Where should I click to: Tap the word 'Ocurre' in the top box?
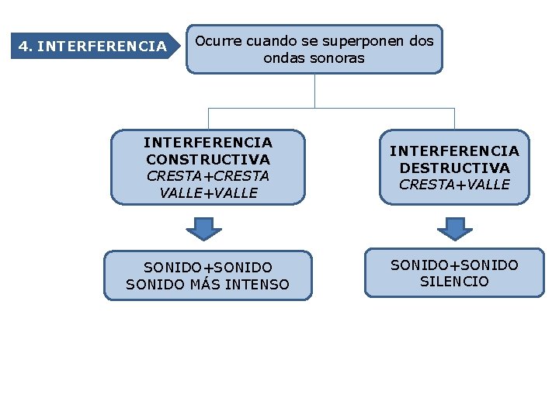pyautogui.click(x=217, y=40)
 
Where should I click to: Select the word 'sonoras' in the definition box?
pyautogui.click(x=338, y=58)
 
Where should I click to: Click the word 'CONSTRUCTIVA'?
pyautogui.click(x=208, y=159)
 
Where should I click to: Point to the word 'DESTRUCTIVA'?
pyautogui.click(x=454, y=168)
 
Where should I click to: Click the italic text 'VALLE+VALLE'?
pyautogui.click(x=208, y=193)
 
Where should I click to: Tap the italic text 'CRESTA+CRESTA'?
pyautogui.click(x=208, y=176)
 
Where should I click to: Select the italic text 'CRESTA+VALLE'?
pyautogui.click(x=454, y=185)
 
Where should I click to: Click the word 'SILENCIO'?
pyautogui.click(x=454, y=282)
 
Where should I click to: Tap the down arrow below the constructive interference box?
pyautogui.click(x=204, y=229)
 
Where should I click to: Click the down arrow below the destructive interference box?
pyautogui.click(x=455, y=229)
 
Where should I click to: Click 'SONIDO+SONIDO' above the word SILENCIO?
pyautogui.click(x=454, y=265)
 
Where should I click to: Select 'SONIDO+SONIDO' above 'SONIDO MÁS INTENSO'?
pyautogui.click(x=207, y=268)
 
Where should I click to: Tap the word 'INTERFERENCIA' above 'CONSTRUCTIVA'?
pyautogui.click(x=208, y=142)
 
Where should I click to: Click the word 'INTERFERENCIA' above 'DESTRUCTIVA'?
pyautogui.click(x=454, y=151)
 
